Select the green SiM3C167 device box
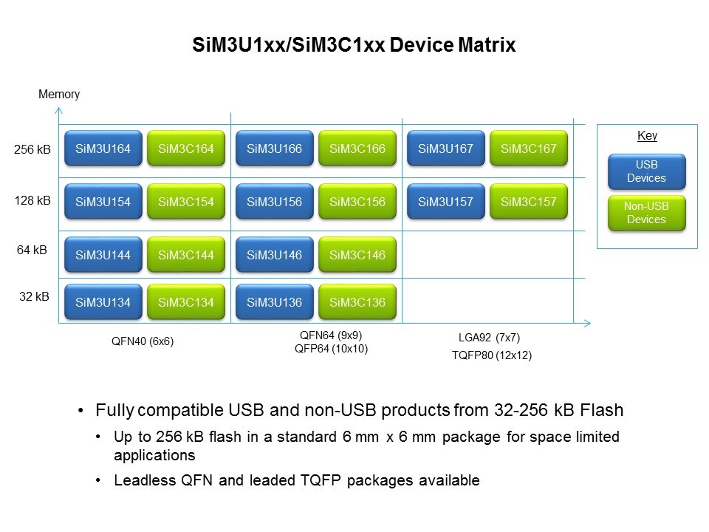coord(528,149)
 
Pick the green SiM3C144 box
coord(185,255)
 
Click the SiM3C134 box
coord(185,301)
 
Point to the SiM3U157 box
coord(445,202)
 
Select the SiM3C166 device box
coord(357,149)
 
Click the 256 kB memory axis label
coord(33,150)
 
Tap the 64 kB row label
coord(32,250)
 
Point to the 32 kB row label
coord(34,297)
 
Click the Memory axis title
coord(58,95)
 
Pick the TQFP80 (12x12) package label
coord(491,355)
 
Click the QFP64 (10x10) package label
coord(331,349)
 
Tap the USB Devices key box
coord(645,172)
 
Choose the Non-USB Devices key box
coord(645,214)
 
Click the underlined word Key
coord(647,136)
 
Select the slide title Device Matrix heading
coord(354,45)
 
